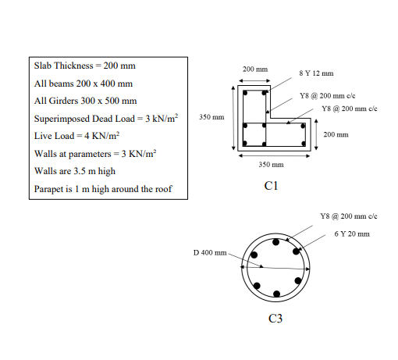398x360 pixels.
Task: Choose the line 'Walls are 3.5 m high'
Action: pyautogui.click(x=75, y=171)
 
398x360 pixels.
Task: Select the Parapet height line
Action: pyautogui.click(x=102, y=189)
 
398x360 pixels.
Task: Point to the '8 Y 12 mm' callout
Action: pyautogui.click(x=317, y=73)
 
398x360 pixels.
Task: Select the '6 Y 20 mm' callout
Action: pyautogui.click(x=352, y=233)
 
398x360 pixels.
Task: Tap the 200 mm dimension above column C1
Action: pyautogui.click(x=255, y=70)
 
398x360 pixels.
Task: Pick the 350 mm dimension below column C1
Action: pyautogui.click(x=270, y=165)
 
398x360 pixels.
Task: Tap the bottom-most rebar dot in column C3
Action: pyautogui.click(x=277, y=294)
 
